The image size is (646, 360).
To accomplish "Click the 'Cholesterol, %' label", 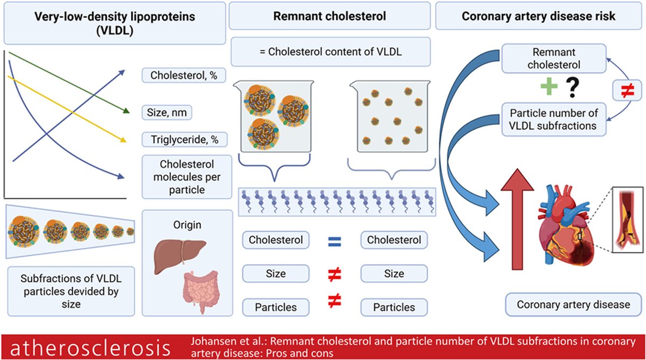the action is pos(184,75).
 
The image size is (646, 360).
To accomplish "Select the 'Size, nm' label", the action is pos(167,112).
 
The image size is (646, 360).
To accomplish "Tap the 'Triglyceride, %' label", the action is pos(185,139).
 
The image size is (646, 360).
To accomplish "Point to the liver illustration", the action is pos(179,256).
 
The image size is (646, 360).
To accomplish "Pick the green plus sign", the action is pos(549,86).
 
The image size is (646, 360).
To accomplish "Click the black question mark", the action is pos(572,88).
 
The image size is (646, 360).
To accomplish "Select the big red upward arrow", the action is pos(517,219).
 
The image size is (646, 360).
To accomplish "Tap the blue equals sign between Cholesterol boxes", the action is pos(334,242).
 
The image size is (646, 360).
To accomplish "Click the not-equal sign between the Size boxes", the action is pos(334,274).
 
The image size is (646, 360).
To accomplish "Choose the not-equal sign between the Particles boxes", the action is pos(334,301).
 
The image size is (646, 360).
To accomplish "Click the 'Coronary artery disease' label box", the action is pos(573,305).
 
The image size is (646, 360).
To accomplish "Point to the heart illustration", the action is pos(563,225).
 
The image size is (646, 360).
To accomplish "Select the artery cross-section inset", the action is pos(628,220).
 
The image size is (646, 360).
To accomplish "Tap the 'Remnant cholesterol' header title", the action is pos(329,16).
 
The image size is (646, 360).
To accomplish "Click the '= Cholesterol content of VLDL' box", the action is pos(331,52).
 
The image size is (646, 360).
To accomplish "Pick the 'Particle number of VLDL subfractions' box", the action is pos(554,119).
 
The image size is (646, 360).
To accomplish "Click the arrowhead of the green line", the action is pos(127,111).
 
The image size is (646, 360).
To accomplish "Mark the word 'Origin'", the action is pos(187,225).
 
